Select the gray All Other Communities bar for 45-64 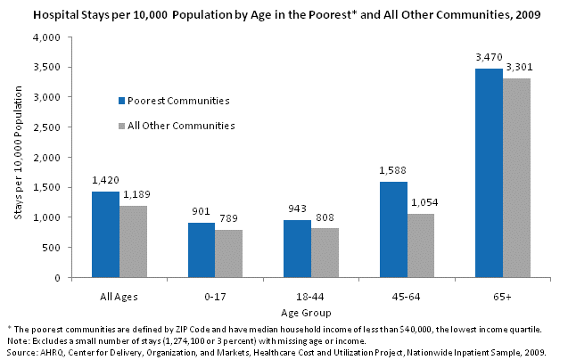click(x=421, y=245)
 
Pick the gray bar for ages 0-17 click(x=228, y=253)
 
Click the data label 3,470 click(x=489, y=59)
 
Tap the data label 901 click(x=200, y=213)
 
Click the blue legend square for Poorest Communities click(x=123, y=101)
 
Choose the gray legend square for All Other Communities click(x=123, y=126)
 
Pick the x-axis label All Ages click(x=118, y=290)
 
